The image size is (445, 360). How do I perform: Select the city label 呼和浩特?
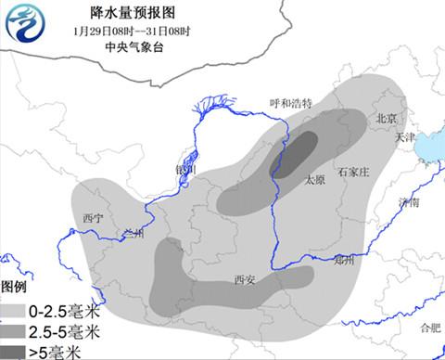(291, 103)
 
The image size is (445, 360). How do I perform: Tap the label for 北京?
(386, 118)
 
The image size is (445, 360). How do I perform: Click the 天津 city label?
(405, 136)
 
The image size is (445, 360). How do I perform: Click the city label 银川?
(185, 171)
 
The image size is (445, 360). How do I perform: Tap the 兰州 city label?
(133, 234)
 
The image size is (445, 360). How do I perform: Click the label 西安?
(245, 278)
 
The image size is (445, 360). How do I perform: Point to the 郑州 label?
(343, 261)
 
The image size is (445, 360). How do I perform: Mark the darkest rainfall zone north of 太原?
(295, 155)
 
